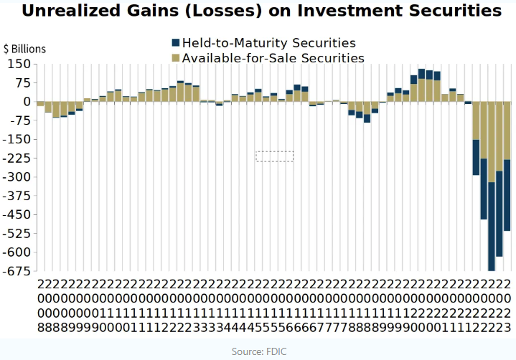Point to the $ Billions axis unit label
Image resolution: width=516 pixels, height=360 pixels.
[x=24, y=49]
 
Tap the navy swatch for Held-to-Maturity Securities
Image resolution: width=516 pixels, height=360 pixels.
[x=175, y=43]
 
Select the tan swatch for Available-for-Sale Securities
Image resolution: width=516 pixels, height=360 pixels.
[x=175, y=58]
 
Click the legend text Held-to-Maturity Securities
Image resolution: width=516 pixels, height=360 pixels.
[x=268, y=43]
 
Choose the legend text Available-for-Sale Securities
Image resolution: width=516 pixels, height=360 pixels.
[x=273, y=58]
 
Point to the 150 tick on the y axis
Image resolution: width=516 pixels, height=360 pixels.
[x=19, y=64]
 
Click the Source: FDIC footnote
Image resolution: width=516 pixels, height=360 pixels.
[x=258, y=351]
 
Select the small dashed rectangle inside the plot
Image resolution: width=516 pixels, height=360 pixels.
[x=275, y=156]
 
